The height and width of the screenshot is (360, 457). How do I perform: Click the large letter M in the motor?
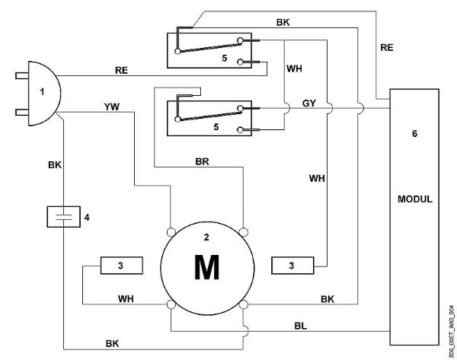[x=206, y=267]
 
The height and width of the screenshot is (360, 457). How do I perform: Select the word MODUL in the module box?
[x=415, y=199]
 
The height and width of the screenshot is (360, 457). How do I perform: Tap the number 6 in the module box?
[x=414, y=134]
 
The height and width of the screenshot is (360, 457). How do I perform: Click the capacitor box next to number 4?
[x=63, y=217]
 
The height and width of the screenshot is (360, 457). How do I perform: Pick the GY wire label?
[x=309, y=103]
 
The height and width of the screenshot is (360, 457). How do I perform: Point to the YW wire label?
[x=112, y=107]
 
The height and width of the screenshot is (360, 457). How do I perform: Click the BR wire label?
[x=203, y=161]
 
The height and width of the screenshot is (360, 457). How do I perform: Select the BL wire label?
[x=301, y=326]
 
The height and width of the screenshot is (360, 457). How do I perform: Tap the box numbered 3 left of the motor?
[x=122, y=266]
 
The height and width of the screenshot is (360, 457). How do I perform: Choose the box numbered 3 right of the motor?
[x=292, y=266]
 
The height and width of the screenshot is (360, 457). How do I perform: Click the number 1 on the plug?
[x=42, y=92]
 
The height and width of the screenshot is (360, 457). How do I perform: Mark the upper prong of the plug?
[x=22, y=76]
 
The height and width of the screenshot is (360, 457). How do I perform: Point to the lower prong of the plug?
[x=22, y=112]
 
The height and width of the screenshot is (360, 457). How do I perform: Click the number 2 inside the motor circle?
[x=206, y=237]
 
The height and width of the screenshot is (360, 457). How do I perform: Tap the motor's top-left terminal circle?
[x=171, y=232]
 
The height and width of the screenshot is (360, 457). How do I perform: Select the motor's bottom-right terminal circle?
[x=244, y=304]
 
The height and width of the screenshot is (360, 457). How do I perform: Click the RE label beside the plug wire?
[x=121, y=70]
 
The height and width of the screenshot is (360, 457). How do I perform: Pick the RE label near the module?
[x=386, y=47]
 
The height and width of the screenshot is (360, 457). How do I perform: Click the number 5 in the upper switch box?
[x=224, y=59]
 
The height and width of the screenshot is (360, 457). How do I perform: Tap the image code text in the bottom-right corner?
[x=452, y=332]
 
